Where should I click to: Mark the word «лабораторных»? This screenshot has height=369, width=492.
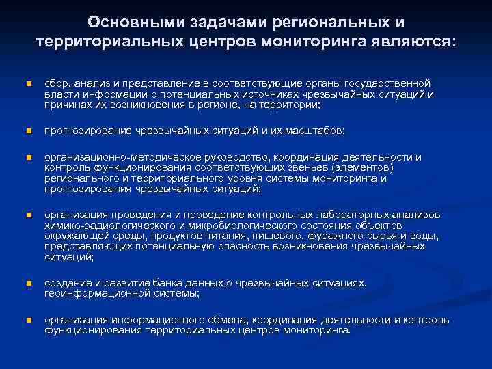[x=352, y=215]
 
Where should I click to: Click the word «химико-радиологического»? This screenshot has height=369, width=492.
[x=105, y=225]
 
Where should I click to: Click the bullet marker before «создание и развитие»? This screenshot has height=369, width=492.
[x=28, y=283]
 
